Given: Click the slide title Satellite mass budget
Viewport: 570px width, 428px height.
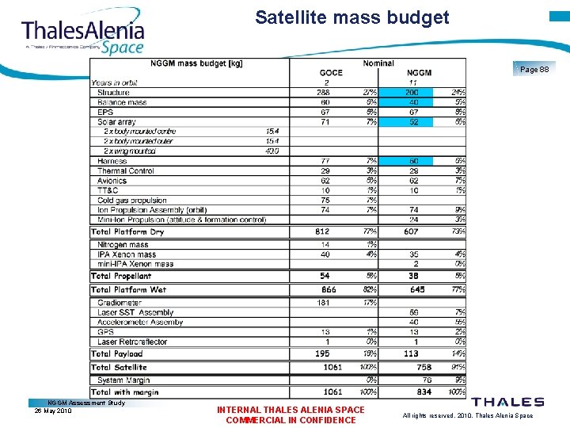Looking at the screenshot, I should point(351,17).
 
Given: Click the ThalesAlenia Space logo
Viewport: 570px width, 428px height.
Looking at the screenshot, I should point(83,34).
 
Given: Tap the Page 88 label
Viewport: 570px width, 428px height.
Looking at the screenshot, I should point(534,70).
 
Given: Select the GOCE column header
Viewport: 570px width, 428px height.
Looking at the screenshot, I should point(331,73).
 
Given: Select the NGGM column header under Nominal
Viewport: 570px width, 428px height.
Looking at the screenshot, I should point(419,73).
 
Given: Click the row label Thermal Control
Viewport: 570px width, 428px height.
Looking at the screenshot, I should point(125,171).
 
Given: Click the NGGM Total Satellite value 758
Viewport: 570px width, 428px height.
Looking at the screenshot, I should point(424,367).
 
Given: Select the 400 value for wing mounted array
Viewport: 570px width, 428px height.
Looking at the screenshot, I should point(272,151).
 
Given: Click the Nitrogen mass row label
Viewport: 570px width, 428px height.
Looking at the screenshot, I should point(123,245).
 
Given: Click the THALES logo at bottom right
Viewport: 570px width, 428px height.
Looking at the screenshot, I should point(507,402).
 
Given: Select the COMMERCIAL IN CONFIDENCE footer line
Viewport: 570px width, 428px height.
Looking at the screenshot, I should point(291,420).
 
